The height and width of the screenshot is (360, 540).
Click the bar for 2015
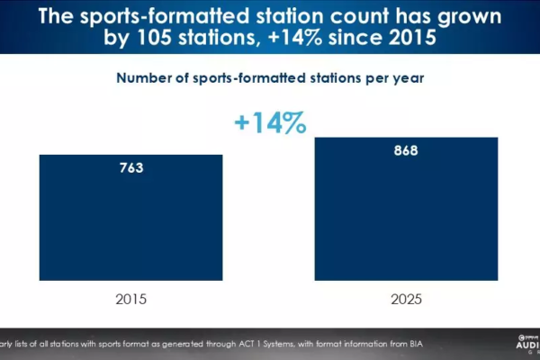(130, 226)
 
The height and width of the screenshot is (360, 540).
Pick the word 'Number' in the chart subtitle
(148, 77)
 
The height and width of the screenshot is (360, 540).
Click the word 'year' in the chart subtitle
(403, 77)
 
